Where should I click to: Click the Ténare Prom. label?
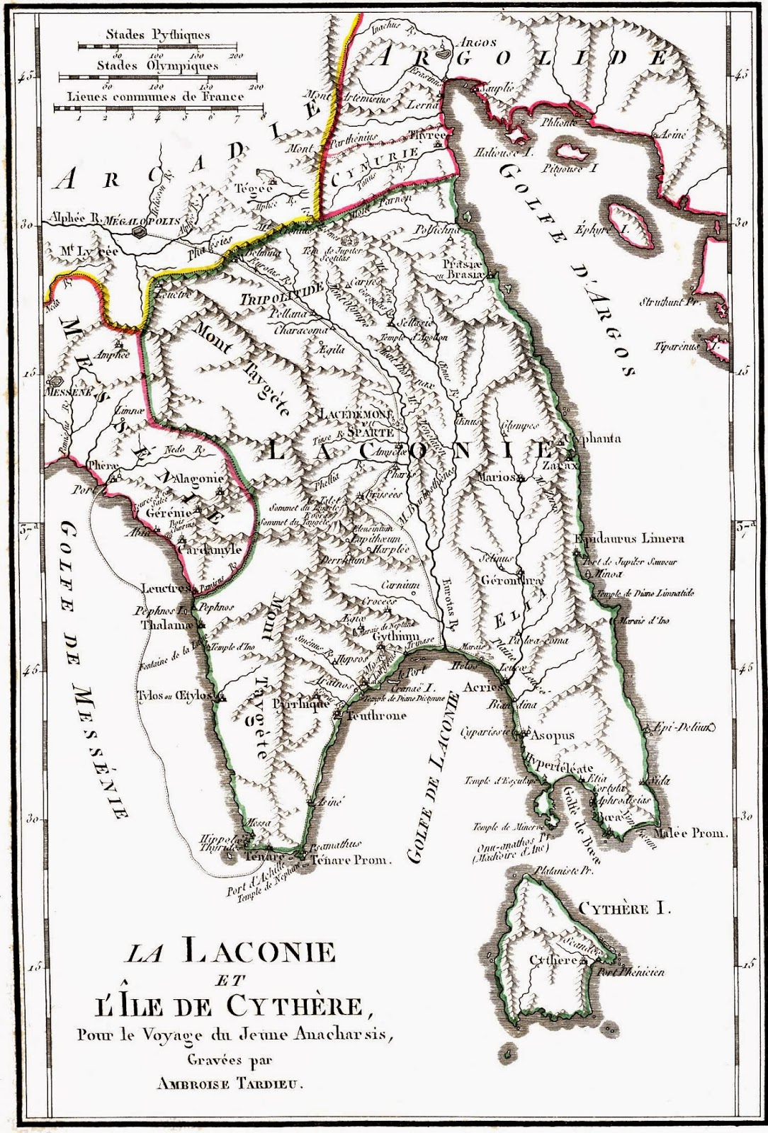click(351, 860)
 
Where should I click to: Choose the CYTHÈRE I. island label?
click(623, 909)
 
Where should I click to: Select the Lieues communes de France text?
click(156, 96)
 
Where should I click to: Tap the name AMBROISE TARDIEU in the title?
click(235, 1091)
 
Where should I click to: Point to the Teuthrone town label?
click(376, 715)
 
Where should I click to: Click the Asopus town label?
click(553, 735)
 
